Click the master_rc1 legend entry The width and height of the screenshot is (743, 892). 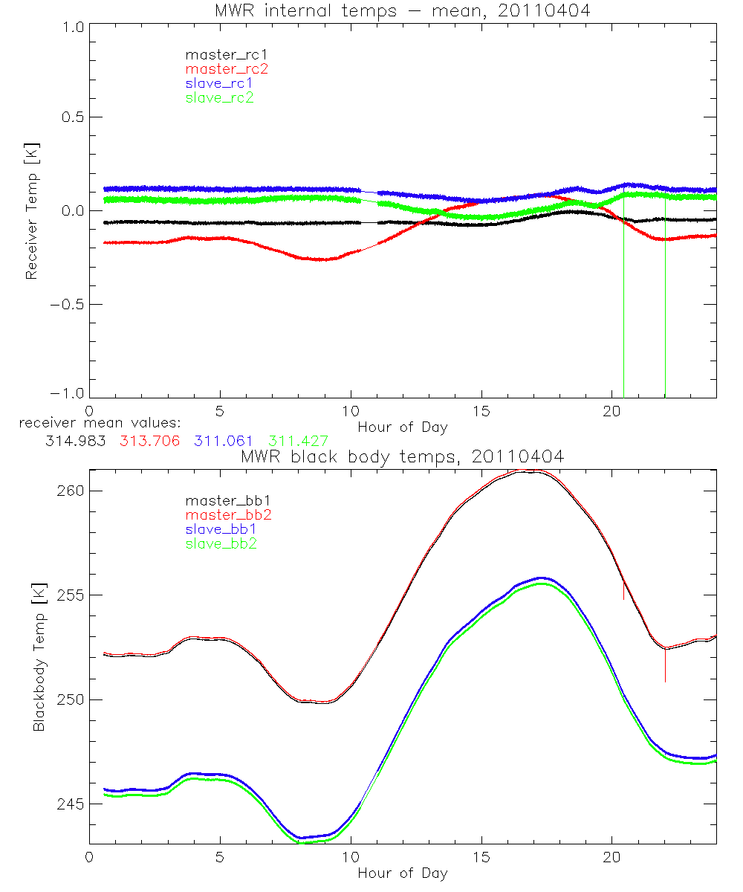pos(220,54)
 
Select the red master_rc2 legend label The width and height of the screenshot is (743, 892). pos(227,68)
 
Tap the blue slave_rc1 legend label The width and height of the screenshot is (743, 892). pos(220,83)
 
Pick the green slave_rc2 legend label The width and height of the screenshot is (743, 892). pos(220,97)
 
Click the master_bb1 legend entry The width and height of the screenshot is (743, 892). pos(224,501)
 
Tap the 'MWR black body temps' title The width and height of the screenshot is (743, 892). pos(402,457)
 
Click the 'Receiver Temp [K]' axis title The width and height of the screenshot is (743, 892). pos(31,211)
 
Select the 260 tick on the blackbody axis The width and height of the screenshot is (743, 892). pos(71,491)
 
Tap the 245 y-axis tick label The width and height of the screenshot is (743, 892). pos(71,804)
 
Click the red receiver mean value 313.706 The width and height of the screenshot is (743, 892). pos(149,441)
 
